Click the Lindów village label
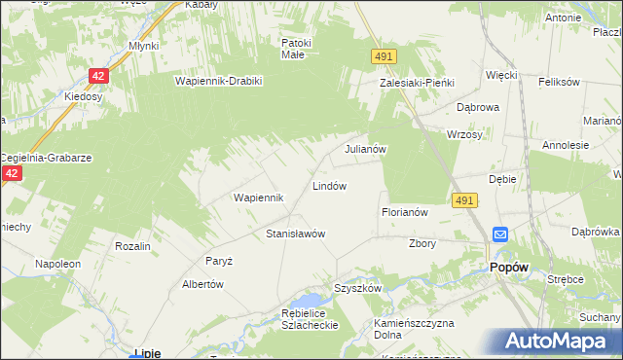click(x=329, y=185)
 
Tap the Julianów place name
click(x=367, y=150)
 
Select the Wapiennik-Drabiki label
click(x=219, y=81)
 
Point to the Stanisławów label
click(x=295, y=234)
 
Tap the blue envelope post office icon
click(x=499, y=234)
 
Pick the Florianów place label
click(x=404, y=211)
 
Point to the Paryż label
click(x=216, y=261)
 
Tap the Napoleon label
click(x=56, y=264)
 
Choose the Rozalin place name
click(x=132, y=246)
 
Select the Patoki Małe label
click(x=296, y=49)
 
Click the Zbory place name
click(x=422, y=243)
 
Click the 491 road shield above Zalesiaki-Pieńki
click(x=383, y=58)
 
